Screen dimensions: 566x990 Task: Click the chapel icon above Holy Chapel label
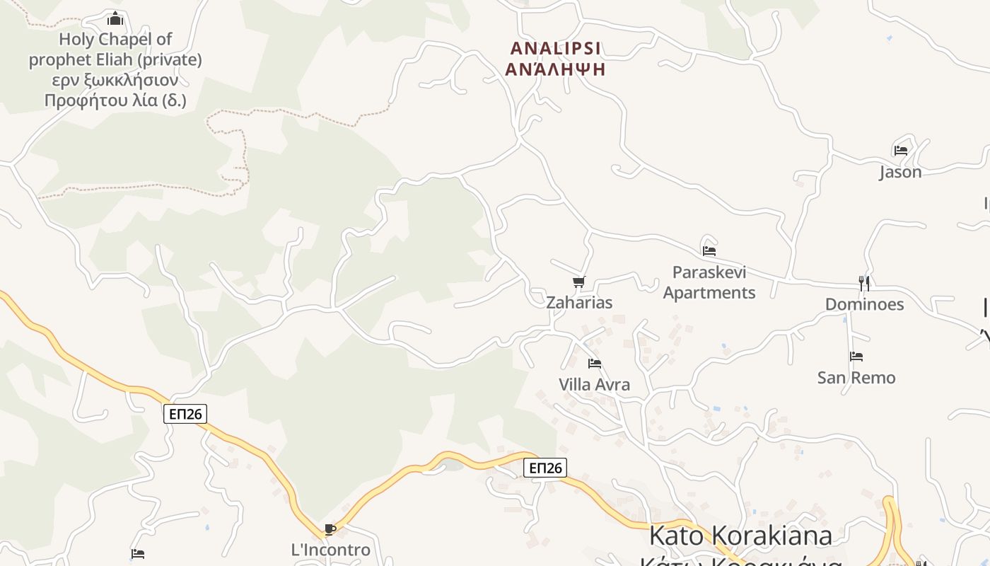115,18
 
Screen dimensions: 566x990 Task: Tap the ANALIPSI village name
556,48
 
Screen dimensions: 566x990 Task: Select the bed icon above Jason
900,150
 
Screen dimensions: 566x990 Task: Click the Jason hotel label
900,172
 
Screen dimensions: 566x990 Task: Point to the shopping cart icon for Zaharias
579,282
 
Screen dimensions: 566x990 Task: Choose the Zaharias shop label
579,303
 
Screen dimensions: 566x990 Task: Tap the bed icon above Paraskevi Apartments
709,250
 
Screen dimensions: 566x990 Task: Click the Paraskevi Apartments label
709,282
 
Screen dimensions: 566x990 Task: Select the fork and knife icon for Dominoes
864,283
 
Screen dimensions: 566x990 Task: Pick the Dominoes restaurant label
864,304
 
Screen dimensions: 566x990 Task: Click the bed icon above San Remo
856,357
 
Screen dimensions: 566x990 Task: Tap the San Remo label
856,378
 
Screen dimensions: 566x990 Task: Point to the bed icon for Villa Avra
595,364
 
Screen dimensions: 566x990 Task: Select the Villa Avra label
595,385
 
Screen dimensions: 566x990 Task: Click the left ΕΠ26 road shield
186,414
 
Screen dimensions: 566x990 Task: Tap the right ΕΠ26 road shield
546,468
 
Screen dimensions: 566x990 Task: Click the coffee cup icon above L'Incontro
330,529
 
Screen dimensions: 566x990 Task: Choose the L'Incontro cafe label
330,550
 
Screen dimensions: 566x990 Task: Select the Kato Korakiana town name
740,536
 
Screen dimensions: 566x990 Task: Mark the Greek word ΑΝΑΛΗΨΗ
556,69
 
